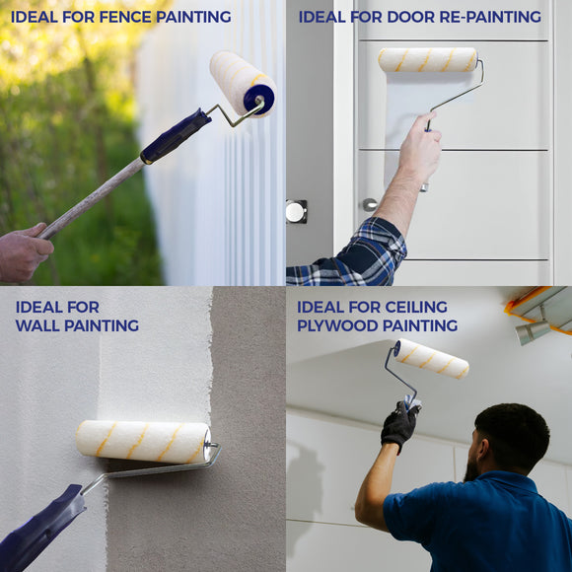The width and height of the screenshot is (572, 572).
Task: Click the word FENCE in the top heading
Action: pos(111,17)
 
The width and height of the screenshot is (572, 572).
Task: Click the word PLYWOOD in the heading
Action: pos(337,325)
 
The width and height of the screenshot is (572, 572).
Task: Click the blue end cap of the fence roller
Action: pos(259,100)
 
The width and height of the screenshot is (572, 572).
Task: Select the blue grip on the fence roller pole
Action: pos(176,135)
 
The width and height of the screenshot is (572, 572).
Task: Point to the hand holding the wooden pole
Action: pos(22,251)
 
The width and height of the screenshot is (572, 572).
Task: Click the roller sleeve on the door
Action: pos(428,59)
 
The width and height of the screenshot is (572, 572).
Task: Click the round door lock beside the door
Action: pos(296,211)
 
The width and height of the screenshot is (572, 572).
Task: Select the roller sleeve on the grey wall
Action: pos(143,441)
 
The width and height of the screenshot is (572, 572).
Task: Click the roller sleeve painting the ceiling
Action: pos(431,358)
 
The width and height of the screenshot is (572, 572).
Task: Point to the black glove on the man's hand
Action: pos(399,425)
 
